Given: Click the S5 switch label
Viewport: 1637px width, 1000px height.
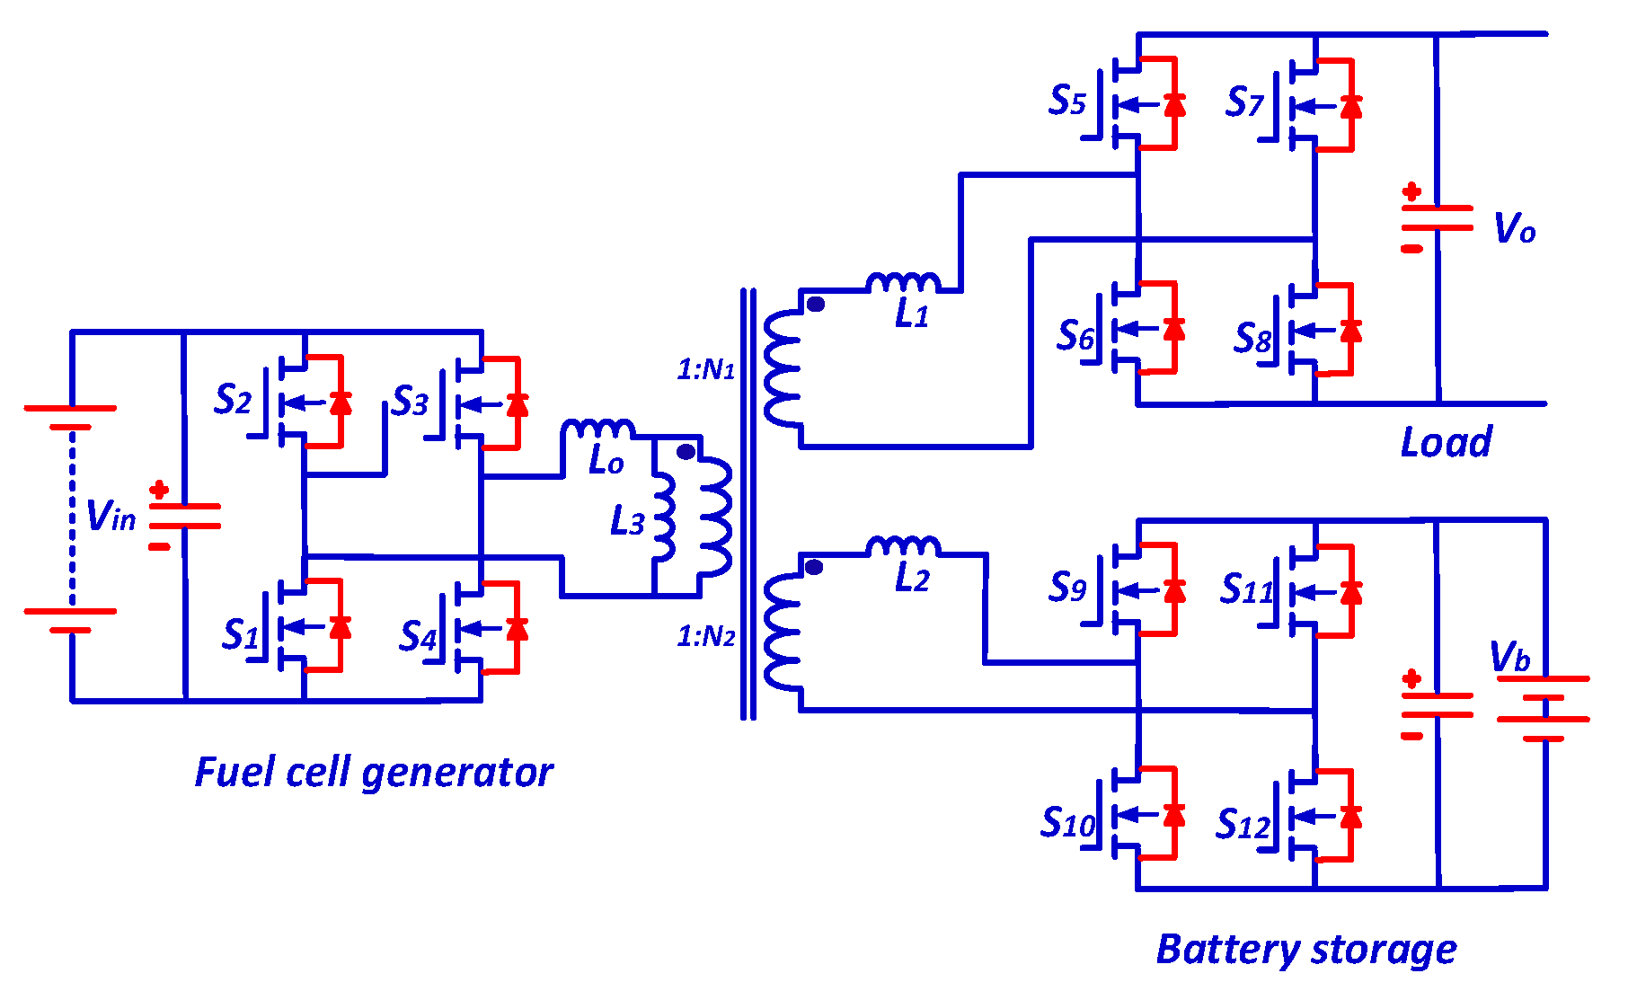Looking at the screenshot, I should tap(1066, 100).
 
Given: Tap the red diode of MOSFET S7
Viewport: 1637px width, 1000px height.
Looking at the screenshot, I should tap(1350, 105).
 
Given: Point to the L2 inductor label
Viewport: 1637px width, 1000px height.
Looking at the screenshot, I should tap(912, 579).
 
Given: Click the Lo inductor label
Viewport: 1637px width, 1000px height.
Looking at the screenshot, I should tap(606, 461).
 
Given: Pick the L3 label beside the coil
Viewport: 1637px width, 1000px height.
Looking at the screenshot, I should tap(627, 521).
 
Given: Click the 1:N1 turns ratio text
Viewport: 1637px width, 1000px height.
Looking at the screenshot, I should tap(705, 368).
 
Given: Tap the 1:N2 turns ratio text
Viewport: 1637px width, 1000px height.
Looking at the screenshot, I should tap(705, 636).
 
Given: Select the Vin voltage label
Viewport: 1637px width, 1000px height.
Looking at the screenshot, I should tap(111, 517).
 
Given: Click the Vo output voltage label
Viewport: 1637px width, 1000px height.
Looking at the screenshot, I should tap(1514, 228).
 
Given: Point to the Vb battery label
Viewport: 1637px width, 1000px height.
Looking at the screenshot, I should tap(1509, 657).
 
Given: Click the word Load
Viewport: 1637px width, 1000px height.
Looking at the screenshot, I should tap(1446, 442).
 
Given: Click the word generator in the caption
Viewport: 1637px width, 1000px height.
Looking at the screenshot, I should tap(457, 773).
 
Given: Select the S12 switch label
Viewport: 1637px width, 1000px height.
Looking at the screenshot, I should tap(1243, 823).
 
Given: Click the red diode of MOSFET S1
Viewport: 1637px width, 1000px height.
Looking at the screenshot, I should tap(340, 626).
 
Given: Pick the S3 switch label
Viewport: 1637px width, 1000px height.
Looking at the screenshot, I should tap(410, 401).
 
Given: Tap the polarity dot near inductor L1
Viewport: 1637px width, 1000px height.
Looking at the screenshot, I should tap(815, 305).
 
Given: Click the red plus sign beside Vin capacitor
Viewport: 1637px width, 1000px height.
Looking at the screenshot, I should tap(159, 490).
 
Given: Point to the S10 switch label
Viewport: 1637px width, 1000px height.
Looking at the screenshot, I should tap(1067, 821).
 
